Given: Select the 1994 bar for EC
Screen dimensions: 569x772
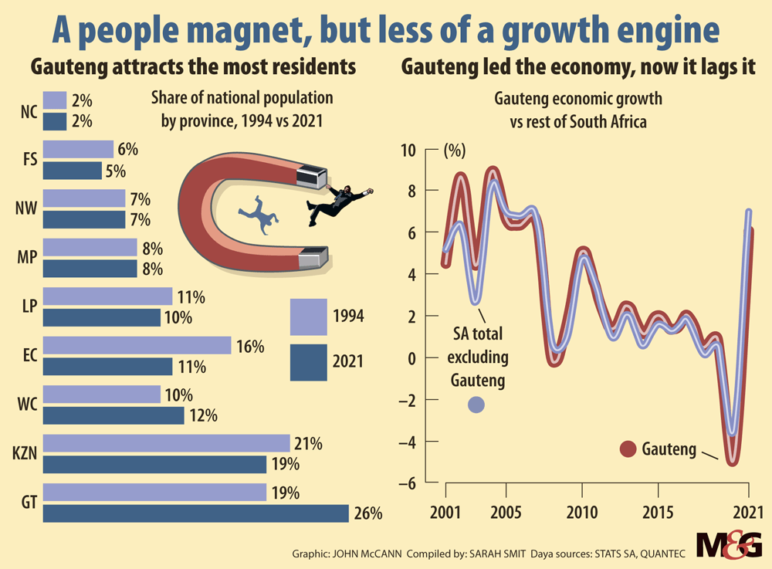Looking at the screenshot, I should click(137, 345).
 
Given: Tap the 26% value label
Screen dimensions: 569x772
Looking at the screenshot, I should click(368, 513).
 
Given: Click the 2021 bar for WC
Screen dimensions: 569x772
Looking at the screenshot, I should click(113, 415).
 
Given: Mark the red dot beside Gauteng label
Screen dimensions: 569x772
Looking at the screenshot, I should click(628, 449).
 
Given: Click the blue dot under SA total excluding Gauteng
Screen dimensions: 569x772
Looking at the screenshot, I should click(476, 404).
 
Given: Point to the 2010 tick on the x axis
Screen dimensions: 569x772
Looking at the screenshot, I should click(581, 513).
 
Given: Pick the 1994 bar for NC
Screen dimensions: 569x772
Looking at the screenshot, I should click(55, 100).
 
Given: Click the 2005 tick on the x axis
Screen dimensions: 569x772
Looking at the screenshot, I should click(506, 513).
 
